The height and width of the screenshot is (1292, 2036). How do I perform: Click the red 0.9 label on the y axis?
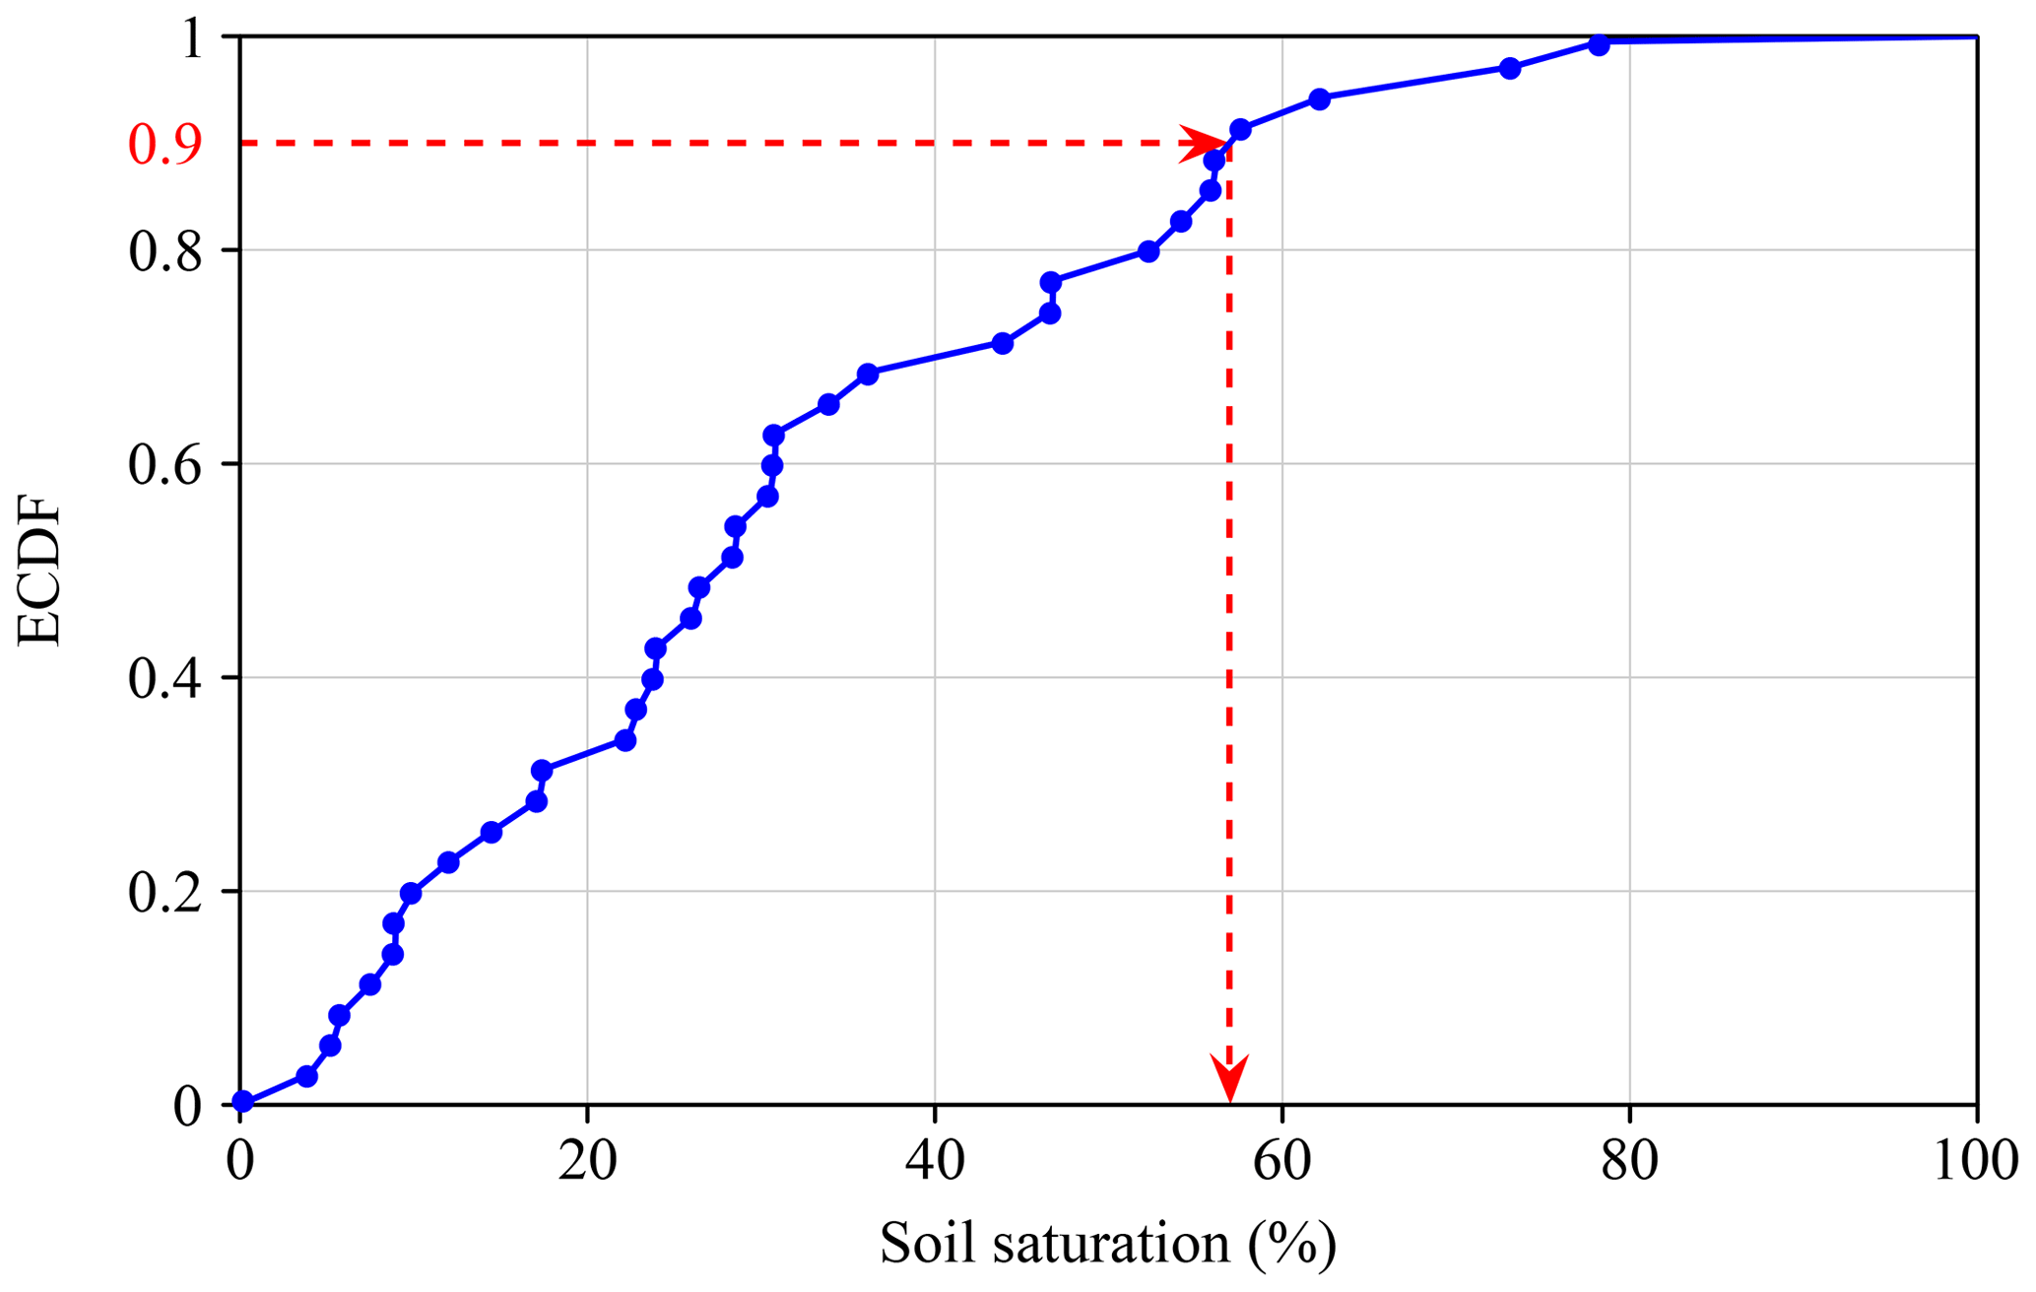click(164, 145)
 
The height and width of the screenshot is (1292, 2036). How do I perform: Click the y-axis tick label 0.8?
click(164, 251)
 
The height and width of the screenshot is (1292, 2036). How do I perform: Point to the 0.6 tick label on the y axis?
click(164, 465)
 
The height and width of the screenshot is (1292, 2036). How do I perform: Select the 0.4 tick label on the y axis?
click(164, 679)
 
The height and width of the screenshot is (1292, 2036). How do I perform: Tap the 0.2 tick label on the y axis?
click(164, 893)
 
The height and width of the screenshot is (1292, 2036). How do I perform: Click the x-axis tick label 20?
click(587, 1161)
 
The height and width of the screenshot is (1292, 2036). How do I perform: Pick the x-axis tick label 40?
click(935, 1161)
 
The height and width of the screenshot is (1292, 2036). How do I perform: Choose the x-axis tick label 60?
click(1281, 1161)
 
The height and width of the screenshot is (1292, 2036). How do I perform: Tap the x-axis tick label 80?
click(1629, 1161)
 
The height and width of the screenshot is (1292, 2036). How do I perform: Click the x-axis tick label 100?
click(1975, 1161)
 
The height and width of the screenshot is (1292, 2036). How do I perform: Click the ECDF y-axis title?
click(39, 575)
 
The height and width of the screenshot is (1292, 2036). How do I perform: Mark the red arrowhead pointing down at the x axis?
click(1229, 1078)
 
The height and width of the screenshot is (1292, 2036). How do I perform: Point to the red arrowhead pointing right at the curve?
click(1203, 143)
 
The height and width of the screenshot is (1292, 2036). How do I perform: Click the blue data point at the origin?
click(242, 1102)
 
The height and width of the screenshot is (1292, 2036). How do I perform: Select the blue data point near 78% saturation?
click(1599, 45)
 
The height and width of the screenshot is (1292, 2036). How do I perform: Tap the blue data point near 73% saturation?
click(1509, 68)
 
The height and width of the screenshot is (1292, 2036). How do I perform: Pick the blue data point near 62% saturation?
click(1320, 99)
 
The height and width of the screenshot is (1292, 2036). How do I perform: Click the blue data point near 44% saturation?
click(1002, 343)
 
